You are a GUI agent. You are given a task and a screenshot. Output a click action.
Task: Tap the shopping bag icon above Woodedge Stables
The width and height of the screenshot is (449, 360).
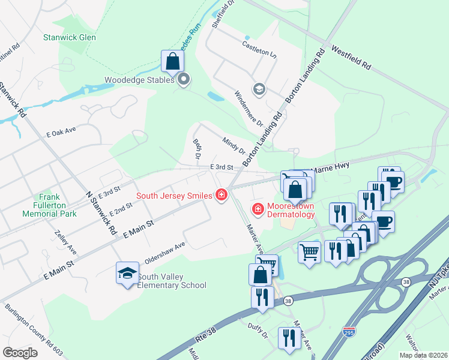click(172, 61)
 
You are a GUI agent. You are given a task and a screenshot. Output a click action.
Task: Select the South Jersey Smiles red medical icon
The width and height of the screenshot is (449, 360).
click(221, 195)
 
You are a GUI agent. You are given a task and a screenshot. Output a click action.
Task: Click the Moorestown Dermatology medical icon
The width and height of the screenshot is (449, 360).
click(258, 209)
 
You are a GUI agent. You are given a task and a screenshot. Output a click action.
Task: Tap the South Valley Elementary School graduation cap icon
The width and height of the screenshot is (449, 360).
click(127, 274)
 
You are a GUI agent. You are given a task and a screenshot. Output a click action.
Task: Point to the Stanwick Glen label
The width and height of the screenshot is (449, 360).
click(69, 37)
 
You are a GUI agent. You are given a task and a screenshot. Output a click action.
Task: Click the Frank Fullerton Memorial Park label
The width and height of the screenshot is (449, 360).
click(49, 205)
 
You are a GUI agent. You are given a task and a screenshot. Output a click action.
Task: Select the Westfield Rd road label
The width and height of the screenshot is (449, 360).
click(351, 57)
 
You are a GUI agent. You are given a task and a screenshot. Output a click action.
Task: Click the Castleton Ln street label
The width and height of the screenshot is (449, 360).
click(259, 49)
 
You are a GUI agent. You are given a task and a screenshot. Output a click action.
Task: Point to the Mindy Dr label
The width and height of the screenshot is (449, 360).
click(234, 145)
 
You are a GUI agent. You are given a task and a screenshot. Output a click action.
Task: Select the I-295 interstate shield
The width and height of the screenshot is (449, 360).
click(349, 331)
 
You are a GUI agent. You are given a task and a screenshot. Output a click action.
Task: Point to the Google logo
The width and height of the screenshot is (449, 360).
click(20, 353)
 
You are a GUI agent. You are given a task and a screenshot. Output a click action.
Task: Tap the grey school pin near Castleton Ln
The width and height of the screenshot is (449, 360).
click(259, 89)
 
